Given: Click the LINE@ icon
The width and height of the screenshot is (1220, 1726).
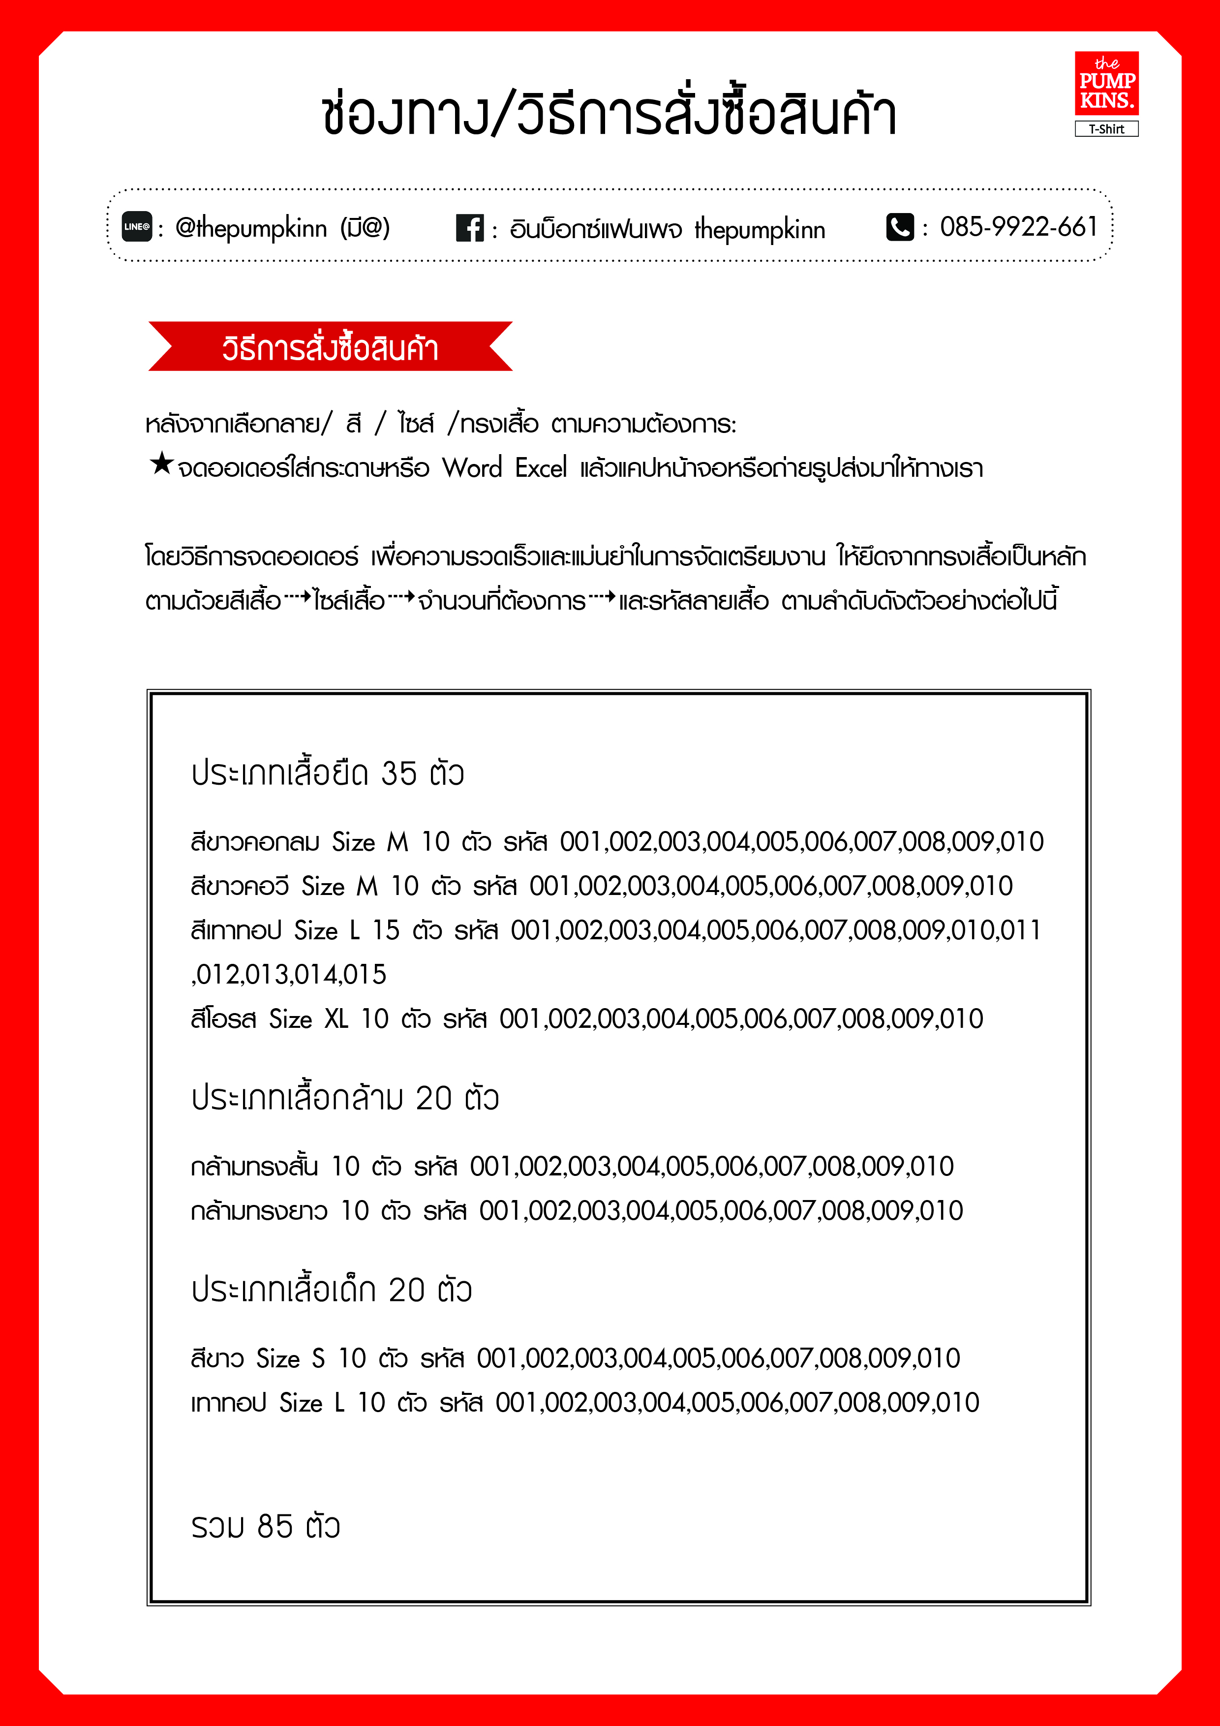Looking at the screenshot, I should (137, 226).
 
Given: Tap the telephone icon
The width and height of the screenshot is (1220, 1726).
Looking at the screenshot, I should (900, 226).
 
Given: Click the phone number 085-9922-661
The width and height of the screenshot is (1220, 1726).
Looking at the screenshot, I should (1018, 226).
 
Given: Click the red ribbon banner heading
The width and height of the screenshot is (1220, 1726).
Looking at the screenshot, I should (330, 347).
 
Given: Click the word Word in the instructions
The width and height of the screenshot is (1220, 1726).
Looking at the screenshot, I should (472, 468).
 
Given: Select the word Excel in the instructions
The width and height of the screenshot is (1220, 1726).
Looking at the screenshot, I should (541, 468).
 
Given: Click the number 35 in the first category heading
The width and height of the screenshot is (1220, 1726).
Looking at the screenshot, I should (398, 773).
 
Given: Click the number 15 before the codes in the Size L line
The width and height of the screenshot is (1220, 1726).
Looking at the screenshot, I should (386, 931).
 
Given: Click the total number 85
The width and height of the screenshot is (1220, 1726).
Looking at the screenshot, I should (274, 1527).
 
